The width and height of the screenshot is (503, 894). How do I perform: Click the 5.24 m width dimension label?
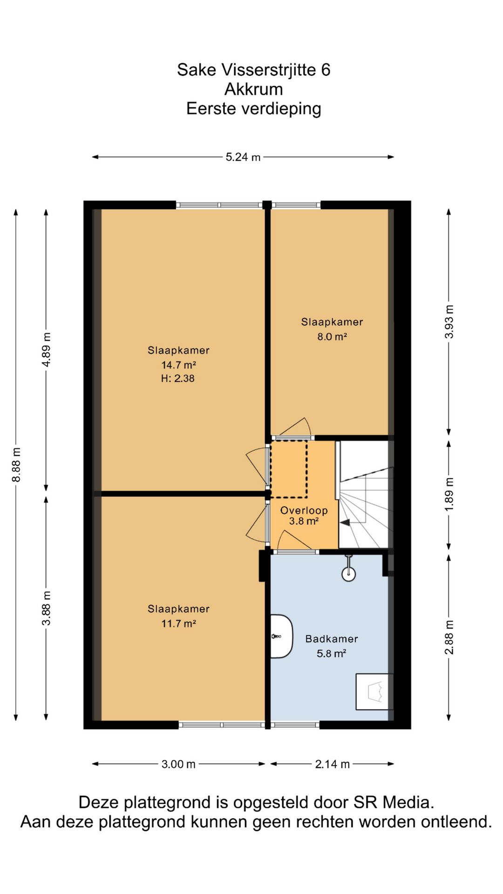(x=243, y=157)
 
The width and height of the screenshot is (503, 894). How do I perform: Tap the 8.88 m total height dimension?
(x=16, y=465)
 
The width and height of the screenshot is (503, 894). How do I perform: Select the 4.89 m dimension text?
(x=47, y=350)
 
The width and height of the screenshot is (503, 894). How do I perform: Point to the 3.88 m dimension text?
(x=47, y=608)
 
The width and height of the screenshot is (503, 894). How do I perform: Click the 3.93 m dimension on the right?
(x=449, y=322)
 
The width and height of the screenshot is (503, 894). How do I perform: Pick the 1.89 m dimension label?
(x=449, y=494)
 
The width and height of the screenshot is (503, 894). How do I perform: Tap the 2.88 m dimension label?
(x=449, y=637)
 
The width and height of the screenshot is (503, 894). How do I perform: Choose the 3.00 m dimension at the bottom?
(x=178, y=764)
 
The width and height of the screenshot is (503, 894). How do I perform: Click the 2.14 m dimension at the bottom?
(x=332, y=764)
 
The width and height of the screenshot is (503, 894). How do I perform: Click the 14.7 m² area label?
(x=178, y=365)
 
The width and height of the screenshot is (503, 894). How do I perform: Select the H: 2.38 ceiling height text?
(x=178, y=378)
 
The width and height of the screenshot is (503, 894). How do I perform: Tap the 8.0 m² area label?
(x=332, y=336)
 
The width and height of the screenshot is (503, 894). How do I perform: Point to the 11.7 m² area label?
(x=178, y=623)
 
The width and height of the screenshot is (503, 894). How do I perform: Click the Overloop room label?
(x=304, y=510)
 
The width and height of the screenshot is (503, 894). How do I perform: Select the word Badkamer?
(x=332, y=639)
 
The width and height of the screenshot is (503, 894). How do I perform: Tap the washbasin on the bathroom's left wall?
(x=281, y=636)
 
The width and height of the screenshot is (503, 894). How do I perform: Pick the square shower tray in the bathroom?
(x=374, y=691)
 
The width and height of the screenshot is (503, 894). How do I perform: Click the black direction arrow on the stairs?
(x=345, y=522)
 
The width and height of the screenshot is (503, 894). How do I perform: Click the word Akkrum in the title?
(x=253, y=89)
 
